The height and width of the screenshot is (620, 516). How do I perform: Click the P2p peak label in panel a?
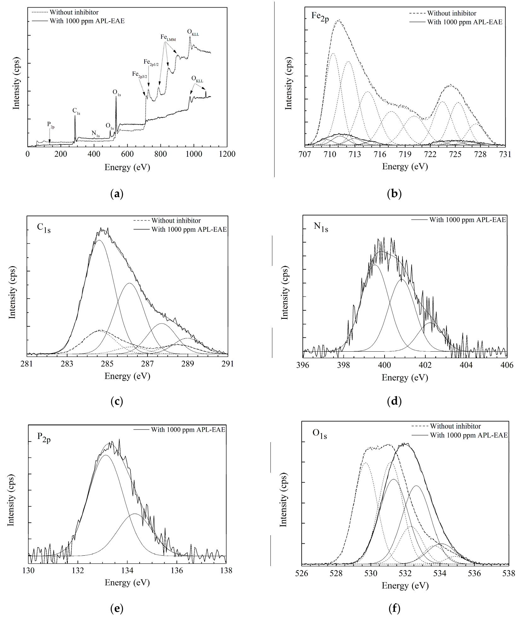pos(51,124)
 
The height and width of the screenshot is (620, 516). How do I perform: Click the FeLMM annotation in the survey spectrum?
pos(168,37)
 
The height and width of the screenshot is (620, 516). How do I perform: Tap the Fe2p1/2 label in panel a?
pos(151,62)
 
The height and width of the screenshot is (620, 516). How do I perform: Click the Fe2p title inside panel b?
pos(320,16)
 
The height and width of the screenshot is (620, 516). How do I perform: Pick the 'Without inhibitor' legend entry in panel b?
pos(451,13)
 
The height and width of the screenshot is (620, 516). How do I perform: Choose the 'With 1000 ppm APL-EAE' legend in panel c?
pos(189,229)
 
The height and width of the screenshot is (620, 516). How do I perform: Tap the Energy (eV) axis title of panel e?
pos(127,582)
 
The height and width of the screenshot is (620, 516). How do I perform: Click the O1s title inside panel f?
pos(320,434)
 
